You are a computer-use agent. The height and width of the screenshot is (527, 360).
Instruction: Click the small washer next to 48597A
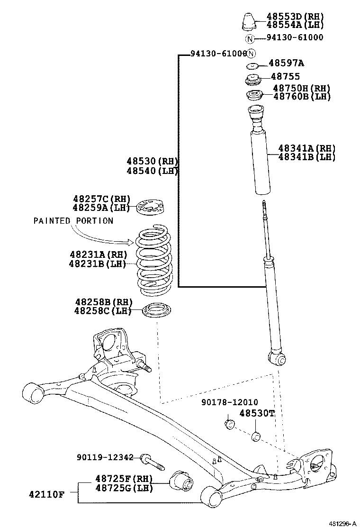253,65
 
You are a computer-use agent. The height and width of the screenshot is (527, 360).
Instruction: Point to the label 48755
285,76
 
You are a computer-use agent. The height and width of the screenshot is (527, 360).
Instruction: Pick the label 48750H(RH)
301,88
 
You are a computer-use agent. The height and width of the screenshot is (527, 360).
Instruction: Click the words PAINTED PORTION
73,221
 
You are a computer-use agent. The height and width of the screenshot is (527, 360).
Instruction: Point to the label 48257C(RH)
101,199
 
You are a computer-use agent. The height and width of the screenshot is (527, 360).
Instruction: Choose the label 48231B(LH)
98,263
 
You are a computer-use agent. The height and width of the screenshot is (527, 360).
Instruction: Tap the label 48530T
257,413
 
